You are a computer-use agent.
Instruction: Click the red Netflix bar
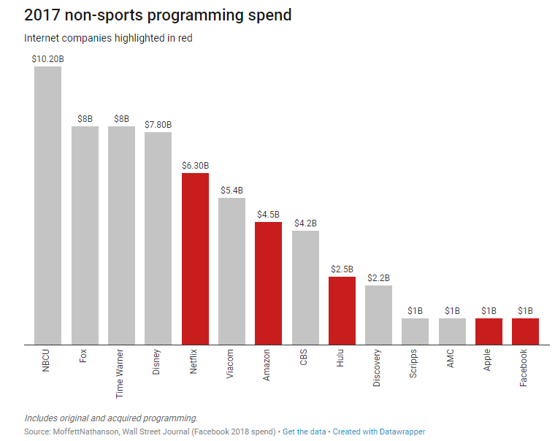click(195, 258)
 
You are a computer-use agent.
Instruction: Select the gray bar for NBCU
click(48, 205)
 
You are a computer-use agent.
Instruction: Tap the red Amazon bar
click(269, 283)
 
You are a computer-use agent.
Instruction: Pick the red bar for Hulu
click(342, 310)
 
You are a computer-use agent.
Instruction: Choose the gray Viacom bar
click(232, 271)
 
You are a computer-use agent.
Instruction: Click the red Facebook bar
click(525, 331)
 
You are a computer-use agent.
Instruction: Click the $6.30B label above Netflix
click(195, 165)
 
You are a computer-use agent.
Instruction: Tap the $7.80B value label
click(158, 124)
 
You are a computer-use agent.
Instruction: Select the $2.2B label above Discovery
click(378, 277)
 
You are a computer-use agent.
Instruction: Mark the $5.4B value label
click(232, 190)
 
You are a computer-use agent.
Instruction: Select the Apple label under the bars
click(489, 360)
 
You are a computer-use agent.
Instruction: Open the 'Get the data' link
click(304, 432)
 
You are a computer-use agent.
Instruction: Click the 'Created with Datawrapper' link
click(379, 432)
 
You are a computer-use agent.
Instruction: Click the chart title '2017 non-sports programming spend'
click(158, 15)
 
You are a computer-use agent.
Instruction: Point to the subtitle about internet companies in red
click(108, 37)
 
